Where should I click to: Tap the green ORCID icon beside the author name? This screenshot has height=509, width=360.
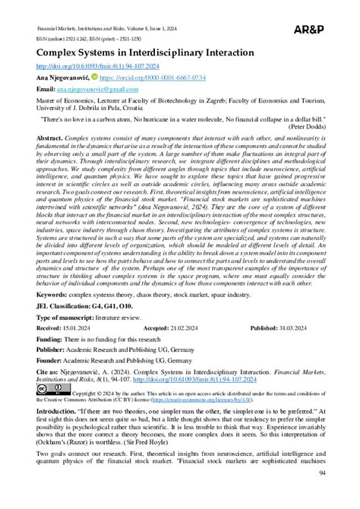coord(94,77)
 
